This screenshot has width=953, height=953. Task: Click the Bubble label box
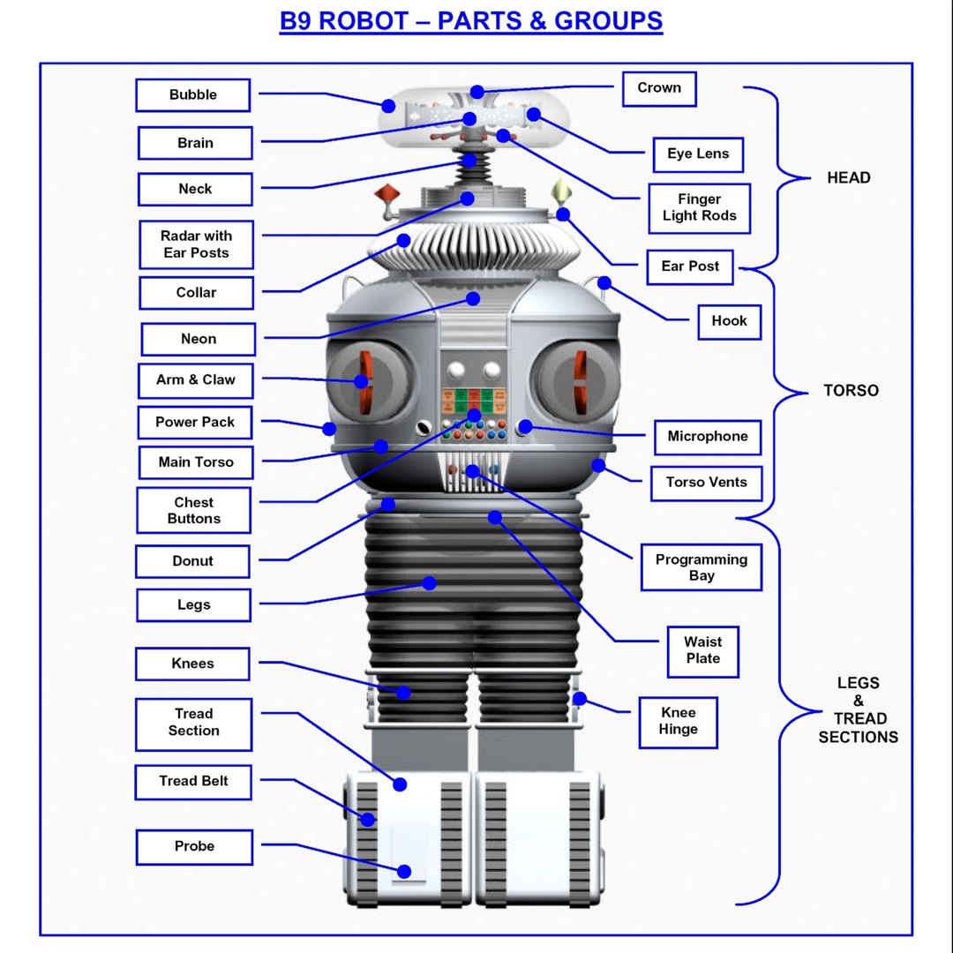click(193, 95)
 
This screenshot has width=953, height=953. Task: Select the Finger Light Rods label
click(699, 208)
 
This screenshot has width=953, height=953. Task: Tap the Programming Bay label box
click(701, 567)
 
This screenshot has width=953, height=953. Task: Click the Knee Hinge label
click(678, 722)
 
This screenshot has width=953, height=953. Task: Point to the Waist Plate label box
click(702, 651)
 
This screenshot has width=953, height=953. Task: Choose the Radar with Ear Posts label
click(196, 244)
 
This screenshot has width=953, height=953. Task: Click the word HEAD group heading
click(848, 178)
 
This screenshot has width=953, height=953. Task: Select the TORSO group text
click(851, 391)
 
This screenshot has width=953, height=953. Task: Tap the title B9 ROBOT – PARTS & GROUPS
click(471, 21)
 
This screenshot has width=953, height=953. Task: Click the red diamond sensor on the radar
click(386, 195)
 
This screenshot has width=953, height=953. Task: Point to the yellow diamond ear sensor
click(559, 191)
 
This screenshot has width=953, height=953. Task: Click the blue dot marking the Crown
click(477, 92)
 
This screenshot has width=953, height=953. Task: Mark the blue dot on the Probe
click(404, 871)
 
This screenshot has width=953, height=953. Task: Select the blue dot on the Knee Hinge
click(579, 699)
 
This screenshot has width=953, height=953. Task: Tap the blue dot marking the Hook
click(604, 283)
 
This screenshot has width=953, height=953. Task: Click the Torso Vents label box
click(706, 483)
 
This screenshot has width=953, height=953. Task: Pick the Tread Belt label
click(193, 782)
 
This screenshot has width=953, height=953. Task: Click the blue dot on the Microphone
click(525, 427)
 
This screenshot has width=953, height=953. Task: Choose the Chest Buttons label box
click(193, 511)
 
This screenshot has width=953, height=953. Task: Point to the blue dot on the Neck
click(469, 161)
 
